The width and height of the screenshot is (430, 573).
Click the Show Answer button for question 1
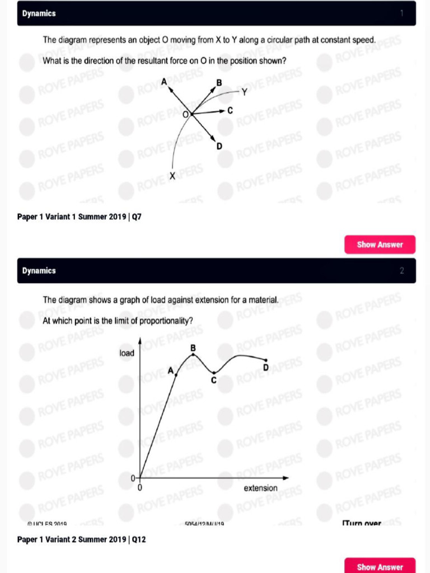380,245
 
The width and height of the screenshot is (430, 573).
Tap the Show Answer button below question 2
380,566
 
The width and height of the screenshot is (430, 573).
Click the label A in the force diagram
164,82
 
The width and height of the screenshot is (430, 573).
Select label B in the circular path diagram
219,83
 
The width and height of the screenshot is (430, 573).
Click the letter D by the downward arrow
219,146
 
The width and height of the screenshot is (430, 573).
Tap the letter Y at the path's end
245,92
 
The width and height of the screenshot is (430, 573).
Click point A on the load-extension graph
176,374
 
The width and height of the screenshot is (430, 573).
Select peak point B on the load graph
193,354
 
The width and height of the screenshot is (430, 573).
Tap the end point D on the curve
266,360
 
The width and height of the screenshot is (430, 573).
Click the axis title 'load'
127,353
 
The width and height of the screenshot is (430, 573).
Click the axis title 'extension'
260,488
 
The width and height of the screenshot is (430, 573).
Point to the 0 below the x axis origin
139,489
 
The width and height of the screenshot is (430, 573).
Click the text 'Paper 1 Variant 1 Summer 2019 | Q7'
80,216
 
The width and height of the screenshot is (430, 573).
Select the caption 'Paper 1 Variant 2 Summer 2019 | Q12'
82,539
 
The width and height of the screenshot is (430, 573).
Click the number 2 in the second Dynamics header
401,271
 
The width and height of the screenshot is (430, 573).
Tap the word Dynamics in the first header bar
39,13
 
